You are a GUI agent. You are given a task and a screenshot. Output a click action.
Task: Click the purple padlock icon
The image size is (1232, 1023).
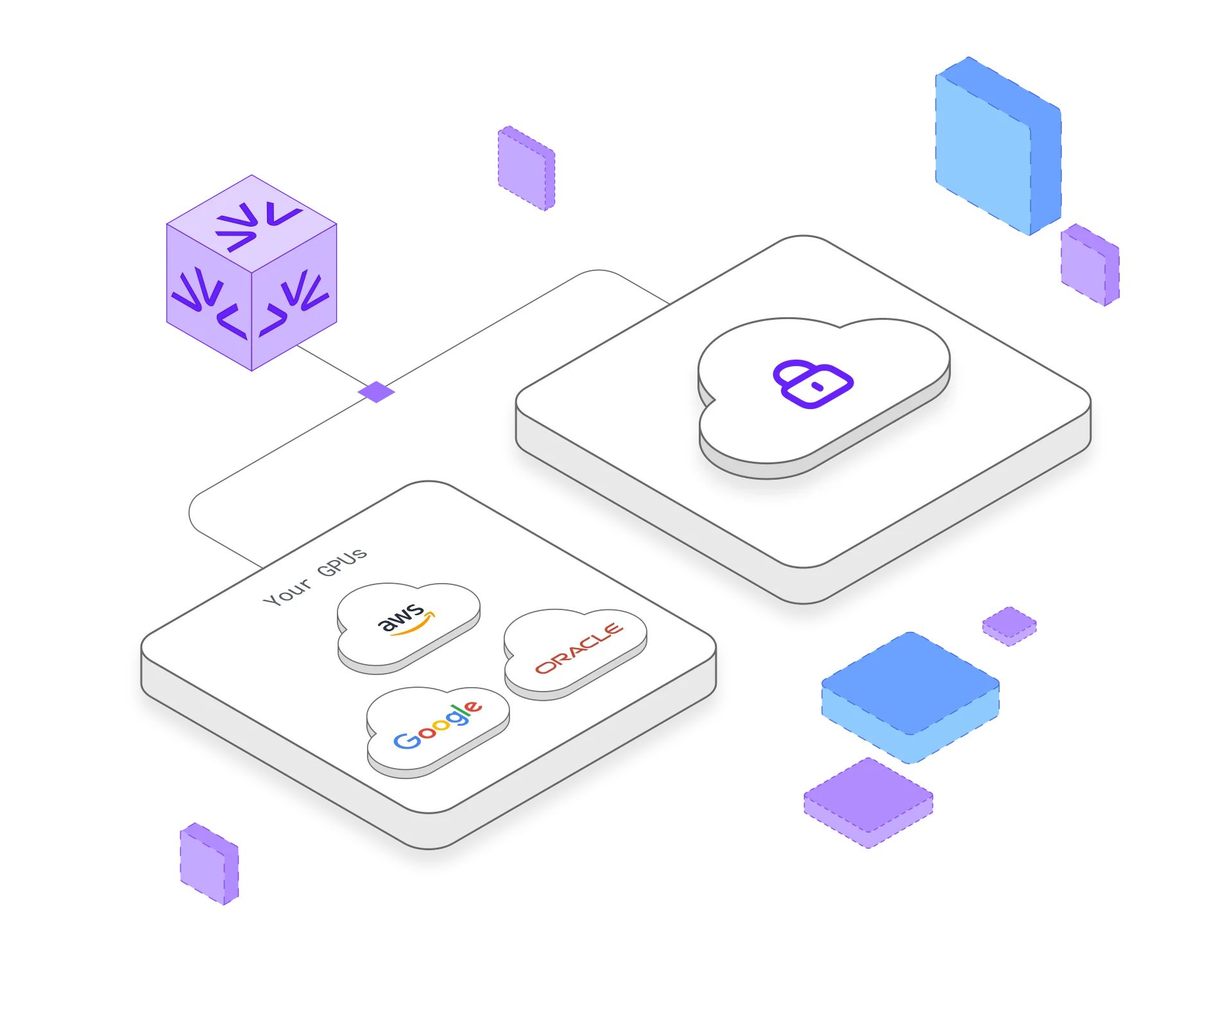point(812,383)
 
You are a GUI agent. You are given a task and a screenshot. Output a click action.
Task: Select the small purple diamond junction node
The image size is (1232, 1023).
point(377,391)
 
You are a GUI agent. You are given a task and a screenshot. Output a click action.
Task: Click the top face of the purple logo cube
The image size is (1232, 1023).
point(252,222)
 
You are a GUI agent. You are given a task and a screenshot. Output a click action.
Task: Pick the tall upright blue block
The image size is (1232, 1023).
point(997,146)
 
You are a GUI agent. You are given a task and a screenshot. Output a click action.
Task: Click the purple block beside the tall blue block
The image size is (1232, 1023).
point(1090,265)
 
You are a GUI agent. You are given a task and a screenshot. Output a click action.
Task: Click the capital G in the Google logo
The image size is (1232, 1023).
point(406,740)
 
